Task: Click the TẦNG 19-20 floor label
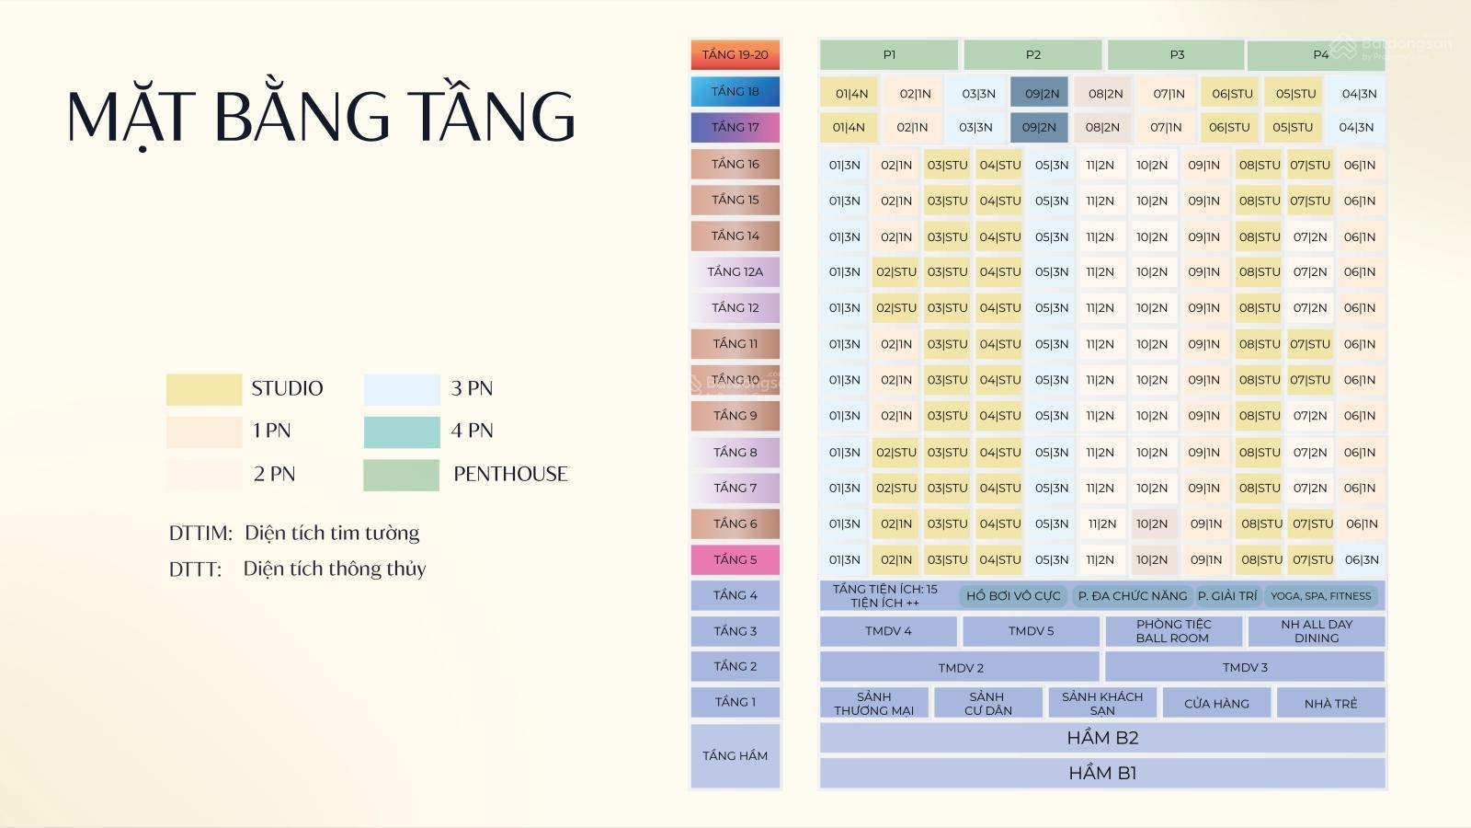click(x=735, y=54)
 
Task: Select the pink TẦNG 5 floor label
click(x=735, y=560)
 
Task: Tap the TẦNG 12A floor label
click(x=735, y=272)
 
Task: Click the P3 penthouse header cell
click(x=1176, y=54)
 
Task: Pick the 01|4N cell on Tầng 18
click(x=851, y=93)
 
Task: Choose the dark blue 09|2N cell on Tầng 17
click(x=1039, y=128)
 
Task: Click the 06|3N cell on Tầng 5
click(x=1362, y=560)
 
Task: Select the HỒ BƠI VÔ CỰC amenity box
click(x=1013, y=596)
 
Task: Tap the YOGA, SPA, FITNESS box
click(x=1320, y=596)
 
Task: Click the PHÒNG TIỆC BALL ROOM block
click(x=1173, y=631)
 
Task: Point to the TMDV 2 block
click(x=960, y=668)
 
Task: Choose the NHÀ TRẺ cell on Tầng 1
click(x=1330, y=703)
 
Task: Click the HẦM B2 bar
click(x=1102, y=738)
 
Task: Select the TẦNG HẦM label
click(x=735, y=755)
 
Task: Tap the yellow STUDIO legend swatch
click(x=204, y=389)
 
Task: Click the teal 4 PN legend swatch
click(x=402, y=431)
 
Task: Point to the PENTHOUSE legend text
click(x=510, y=474)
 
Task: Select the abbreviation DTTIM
click(x=201, y=533)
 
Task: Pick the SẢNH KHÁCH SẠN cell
click(x=1102, y=703)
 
